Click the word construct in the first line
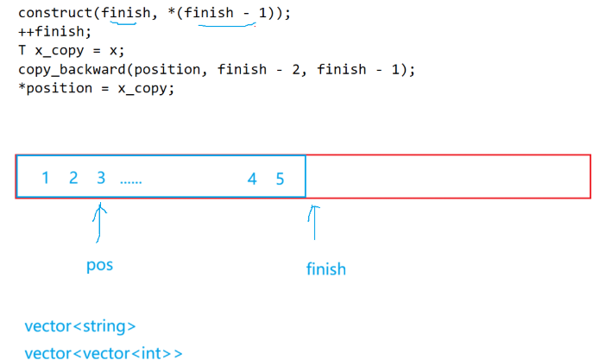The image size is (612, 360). point(54,13)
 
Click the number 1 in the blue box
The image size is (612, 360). point(45,179)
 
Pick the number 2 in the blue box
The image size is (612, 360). point(73,179)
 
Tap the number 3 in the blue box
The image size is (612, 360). point(101,179)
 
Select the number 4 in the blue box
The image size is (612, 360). point(252,179)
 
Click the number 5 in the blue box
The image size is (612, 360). point(280,179)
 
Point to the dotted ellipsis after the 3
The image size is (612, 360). point(131,181)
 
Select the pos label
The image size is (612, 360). point(100,265)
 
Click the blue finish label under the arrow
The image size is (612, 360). point(325,268)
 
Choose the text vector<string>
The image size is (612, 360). point(80,326)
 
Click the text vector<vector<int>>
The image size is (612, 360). point(104,352)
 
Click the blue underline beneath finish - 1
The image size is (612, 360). point(226,25)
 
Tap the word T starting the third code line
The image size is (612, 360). point(22,50)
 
